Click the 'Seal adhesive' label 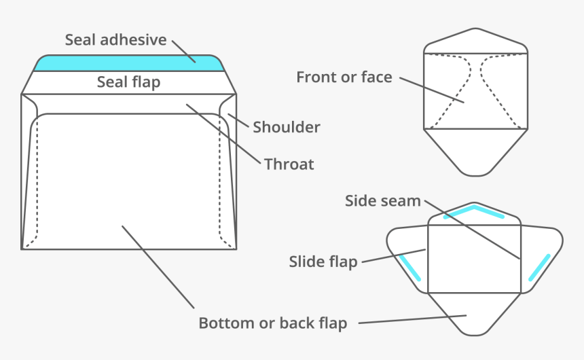(x=115, y=39)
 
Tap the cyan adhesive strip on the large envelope (x=129, y=63)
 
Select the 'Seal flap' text (x=128, y=82)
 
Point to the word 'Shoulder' (x=286, y=127)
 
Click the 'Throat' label (x=289, y=164)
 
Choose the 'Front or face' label (x=344, y=77)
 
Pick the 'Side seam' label (x=382, y=201)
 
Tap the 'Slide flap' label (x=323, y=262)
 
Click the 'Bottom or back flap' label (x=272, y=323)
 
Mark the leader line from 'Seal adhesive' (x=183, y=51)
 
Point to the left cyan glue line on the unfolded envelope (x=410, y=268)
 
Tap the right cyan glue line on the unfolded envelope (x=539, y=268)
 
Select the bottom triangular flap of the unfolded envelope (x=474, y=312)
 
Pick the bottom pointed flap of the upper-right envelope (x=475, y=151)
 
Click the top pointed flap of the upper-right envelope (x=475, y=39)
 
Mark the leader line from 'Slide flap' (x=393, y=255)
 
